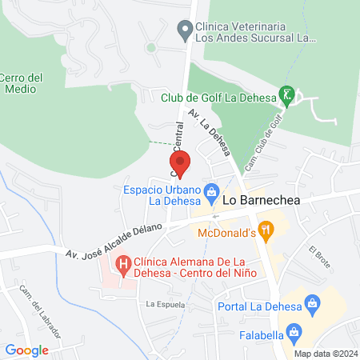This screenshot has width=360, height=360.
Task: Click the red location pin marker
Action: click(179, 163)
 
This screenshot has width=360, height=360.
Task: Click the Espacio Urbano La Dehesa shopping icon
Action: click(212, 191)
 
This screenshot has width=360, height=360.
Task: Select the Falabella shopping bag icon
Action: click(294, 330)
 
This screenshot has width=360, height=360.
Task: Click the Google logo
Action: click(27, 350)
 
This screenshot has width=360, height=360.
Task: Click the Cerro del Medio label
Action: click(21, 82)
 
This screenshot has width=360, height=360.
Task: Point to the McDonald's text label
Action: click(226, 234)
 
